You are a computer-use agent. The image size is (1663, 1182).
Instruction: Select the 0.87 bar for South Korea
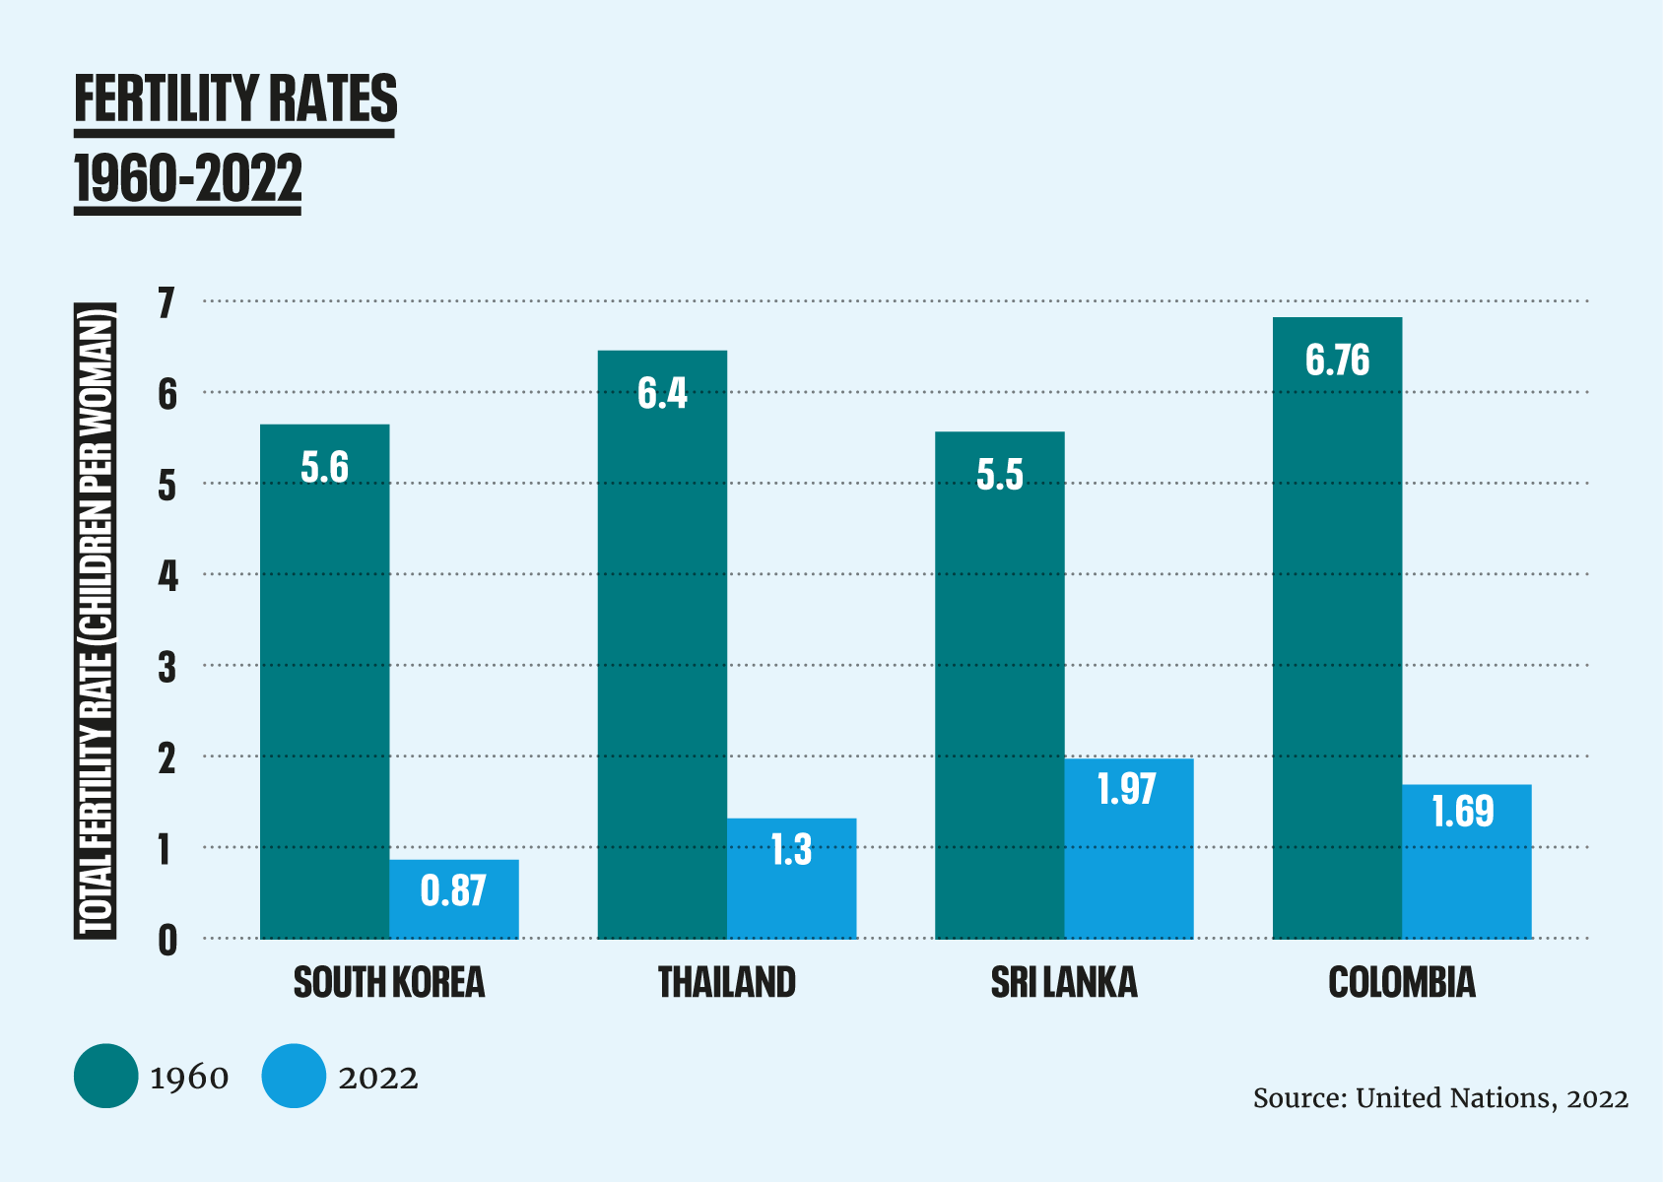[x=453, y=898]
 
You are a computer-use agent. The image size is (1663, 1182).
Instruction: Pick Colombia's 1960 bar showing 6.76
[x=1337, y=630]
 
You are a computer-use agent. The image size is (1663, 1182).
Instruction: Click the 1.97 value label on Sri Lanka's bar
[x=1126, y=789]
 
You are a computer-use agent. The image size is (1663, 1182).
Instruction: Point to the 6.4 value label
[x=662, y=393]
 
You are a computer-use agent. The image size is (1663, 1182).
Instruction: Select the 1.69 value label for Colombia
[x=1462, y=812]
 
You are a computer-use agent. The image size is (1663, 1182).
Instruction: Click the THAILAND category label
[x=726, y=983]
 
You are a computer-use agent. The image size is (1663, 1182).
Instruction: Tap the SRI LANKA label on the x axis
[x=1064, y=983]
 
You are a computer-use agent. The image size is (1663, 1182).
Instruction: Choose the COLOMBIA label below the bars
[x=1401, y=983]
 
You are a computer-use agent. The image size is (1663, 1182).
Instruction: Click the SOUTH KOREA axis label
[x=389, y=983]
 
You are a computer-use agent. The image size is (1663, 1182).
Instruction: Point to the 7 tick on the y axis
[x=167, y=303]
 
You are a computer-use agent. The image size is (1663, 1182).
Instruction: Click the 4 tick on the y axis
[x=167, y=576]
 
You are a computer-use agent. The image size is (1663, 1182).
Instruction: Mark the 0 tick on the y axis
[x=167, y=941]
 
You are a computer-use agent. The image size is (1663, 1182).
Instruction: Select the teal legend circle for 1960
[x=105, y=1076]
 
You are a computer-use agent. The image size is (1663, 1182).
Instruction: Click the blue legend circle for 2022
[x=294, y=1076]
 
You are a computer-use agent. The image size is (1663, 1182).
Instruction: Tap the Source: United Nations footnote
[x=1440, y=1098]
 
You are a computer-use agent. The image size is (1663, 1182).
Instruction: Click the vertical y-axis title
[x=96, y=621]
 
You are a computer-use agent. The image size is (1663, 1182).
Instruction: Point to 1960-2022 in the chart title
[x=187, y=178]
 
